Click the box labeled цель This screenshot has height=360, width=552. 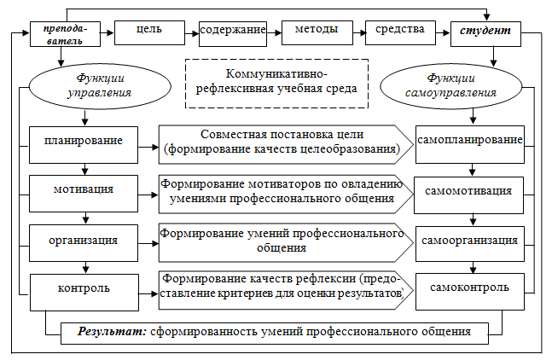tap(149, 32)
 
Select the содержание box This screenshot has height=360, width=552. tap(233, 34)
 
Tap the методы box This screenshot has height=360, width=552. tap(317, 32)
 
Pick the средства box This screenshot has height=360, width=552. tap(401, 32)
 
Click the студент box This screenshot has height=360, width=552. tap(485, 34)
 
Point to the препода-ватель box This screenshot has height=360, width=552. tap(65, 34)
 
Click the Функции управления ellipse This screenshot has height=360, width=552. tap(100, 86)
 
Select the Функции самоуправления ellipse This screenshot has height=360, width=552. tap(451, 86)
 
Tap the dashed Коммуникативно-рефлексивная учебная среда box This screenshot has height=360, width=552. tap(276, 84)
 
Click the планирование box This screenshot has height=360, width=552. tap(84, 145)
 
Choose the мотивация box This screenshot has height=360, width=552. tap(84, 194)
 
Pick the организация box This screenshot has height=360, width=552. tap(84, 243)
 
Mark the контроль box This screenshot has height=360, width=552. tap(84, 293)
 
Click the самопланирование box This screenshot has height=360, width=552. tap(470, 145)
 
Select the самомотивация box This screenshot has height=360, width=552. tap(469, 195)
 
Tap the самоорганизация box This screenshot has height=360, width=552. tap(470, 244)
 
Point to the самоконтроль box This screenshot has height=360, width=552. tap(470, 292)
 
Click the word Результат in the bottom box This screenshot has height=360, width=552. tap(112, 332)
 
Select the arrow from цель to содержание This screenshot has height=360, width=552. tap(192, 34)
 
